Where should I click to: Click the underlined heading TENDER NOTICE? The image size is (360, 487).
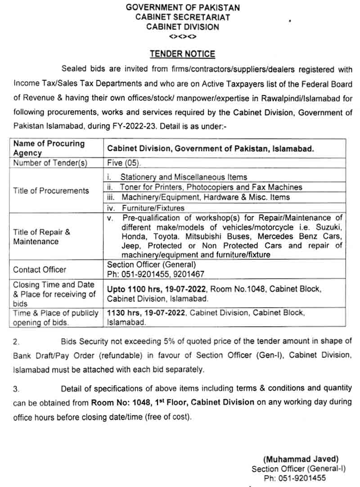pyautogui.click(x=182, y=54)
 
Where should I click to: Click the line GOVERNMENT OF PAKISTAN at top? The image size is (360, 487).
pyautogui.click(x=183, y=7)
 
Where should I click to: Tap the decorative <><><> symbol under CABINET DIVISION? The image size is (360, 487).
pyautogui.click(x=182, y=36)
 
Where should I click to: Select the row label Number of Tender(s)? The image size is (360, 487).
pyautogui.click(x=50, y=163)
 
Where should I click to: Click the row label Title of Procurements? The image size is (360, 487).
pyautogui.click(x=51, y=190)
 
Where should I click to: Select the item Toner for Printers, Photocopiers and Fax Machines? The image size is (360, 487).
pyautogui.click(x=211, y=187)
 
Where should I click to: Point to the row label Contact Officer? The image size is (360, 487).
pyautogui.click(x=40, y=270)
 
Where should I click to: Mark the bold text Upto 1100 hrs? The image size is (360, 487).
pyautogui.click(x=131, y=289)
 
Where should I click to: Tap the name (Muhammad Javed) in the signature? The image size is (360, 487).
pyautogui.click(x=300, y=459)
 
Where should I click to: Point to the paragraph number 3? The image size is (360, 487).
pyautogui.click(x=15, y=388)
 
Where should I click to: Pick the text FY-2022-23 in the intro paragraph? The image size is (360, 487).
pyautogui.click(x=138, y=127)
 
